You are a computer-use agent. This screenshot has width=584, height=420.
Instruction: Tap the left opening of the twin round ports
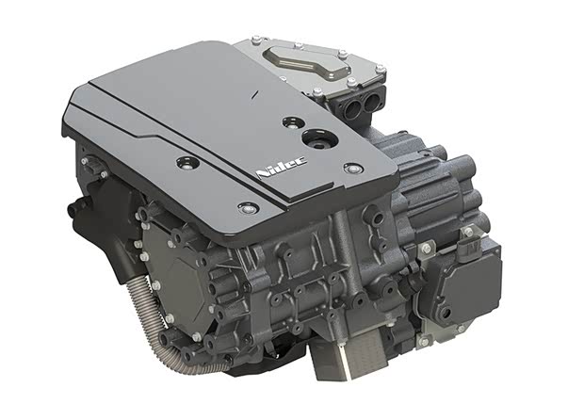tap(353, 107)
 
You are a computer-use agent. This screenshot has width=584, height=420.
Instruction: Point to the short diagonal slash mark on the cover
tap(255, 94)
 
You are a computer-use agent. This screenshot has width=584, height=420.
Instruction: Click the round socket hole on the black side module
tap(445, 313)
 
